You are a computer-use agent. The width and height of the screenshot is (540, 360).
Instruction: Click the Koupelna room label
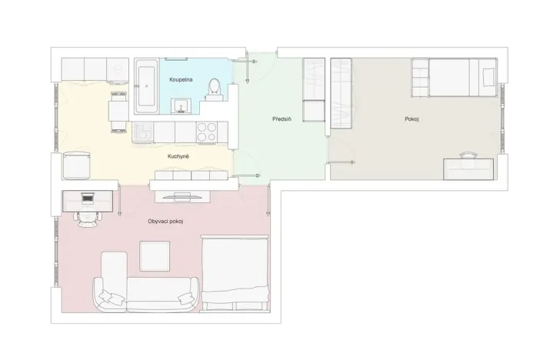(181, 79)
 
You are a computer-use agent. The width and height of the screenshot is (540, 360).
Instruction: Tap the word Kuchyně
(178, 156)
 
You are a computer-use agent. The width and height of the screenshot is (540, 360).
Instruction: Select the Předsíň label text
(282, 119)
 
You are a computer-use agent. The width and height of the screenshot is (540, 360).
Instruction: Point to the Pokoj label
(412, 119)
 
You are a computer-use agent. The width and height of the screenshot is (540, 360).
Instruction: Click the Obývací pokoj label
(165, 222)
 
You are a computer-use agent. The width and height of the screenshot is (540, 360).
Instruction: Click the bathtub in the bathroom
(145, 86)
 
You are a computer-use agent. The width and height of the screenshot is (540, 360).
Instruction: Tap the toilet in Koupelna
(215, 88)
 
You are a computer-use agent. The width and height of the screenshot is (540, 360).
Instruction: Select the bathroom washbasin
(182, 105)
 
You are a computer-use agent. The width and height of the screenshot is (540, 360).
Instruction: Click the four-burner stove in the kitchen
(206, 132)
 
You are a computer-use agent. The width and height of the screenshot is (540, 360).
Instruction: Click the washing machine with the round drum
(116, 69)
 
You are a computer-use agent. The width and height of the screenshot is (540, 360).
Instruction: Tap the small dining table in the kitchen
(118, 112)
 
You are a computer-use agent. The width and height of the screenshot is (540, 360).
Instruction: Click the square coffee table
(155, 256)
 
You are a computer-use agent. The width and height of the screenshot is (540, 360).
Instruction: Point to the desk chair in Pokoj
(468, 157)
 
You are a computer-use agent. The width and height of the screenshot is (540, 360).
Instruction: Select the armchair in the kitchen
(76, 165)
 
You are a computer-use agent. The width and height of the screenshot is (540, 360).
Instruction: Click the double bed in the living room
(235, 273)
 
